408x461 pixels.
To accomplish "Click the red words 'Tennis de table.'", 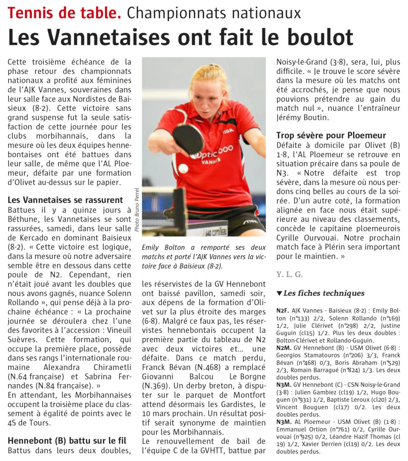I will [x=64, y=13].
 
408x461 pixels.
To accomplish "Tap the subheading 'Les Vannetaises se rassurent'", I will [x=65, y=199].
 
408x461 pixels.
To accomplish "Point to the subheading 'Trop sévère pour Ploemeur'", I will [x=331, y=135].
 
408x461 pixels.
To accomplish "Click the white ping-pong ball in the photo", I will [x=183, y=168].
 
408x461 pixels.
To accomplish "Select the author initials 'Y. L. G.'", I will [x=289, y=274].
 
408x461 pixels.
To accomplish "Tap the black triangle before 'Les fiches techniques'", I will [x=279, y=294].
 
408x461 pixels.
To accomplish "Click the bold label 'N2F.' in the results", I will [x=283, y=311].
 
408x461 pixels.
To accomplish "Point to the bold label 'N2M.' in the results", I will [x=284, y=348].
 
